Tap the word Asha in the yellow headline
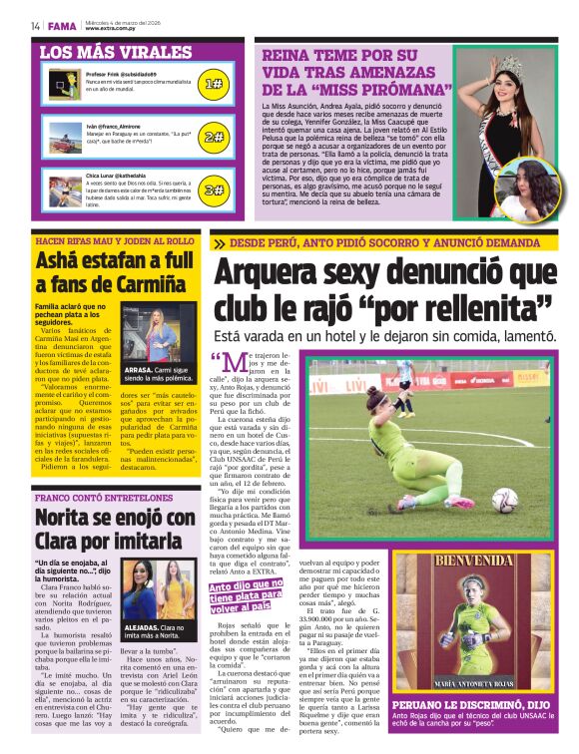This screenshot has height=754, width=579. [x=63, y=260]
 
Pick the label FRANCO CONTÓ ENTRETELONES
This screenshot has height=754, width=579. [x=92, y=497]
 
